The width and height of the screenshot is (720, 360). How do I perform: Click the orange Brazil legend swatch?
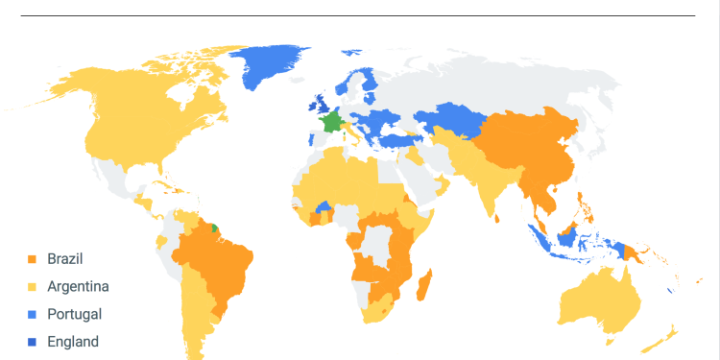click(33, 259)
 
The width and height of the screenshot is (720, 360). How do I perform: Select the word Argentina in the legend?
click(78, 286)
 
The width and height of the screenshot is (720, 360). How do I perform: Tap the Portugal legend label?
click(74, 314)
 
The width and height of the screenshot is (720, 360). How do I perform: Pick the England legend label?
click(73, 342)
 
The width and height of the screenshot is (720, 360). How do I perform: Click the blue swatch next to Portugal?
click(33, 314)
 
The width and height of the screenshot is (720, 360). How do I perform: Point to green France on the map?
click(332, 122)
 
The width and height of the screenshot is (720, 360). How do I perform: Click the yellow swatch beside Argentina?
click(33, 286)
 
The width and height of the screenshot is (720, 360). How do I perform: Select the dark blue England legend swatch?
click(33, 342)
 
